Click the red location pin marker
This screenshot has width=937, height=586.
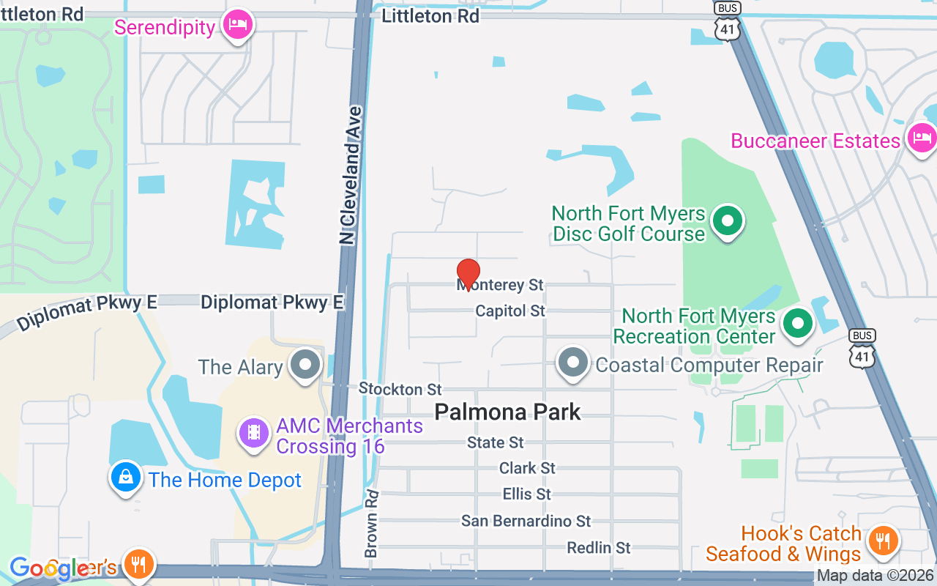[x=468, y=273]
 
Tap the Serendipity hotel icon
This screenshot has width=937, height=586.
[x=238, y=26]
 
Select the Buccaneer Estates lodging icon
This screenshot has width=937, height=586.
[x=921, y=137]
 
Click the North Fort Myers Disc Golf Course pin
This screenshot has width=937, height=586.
[x=728, y=220]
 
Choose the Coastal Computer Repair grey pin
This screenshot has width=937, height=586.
[x=573, y=363]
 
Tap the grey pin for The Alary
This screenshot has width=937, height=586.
[x=305, y=364]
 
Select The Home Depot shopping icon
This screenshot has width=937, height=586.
[x=126, y=477]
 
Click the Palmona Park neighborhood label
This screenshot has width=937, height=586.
[x=507, y=412]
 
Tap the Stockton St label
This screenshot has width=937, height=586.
[x=400, y=389]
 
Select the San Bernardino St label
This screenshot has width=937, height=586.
[x=526, y=521]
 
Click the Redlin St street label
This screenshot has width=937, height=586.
[x=599, y=548]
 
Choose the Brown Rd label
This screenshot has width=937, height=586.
[x=372, y=523]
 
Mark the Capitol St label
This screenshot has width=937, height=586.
[x=510, y=311]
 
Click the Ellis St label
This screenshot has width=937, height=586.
[x=527, y=494]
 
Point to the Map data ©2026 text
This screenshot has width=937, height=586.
[x=875, y=576]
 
